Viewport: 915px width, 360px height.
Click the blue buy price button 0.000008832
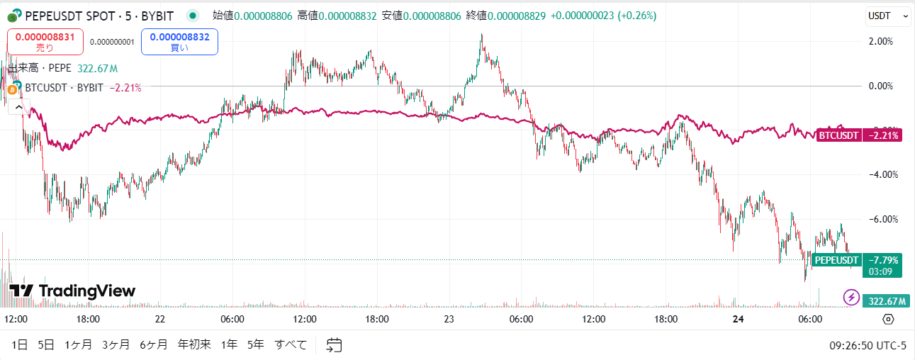(179, 42)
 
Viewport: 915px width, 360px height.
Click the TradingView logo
(72, 291)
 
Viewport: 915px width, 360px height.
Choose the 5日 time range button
(46, 345)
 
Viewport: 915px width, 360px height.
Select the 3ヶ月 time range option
(116, 345)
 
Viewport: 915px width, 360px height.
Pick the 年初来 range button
(194, 345)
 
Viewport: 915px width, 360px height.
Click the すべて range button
(291, 345)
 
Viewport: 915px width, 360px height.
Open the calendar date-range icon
(334, 345)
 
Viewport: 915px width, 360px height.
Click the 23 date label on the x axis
(449, 320)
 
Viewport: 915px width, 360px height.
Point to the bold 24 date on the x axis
(737, 320)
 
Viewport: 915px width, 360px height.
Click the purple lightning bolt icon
(851, 297)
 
